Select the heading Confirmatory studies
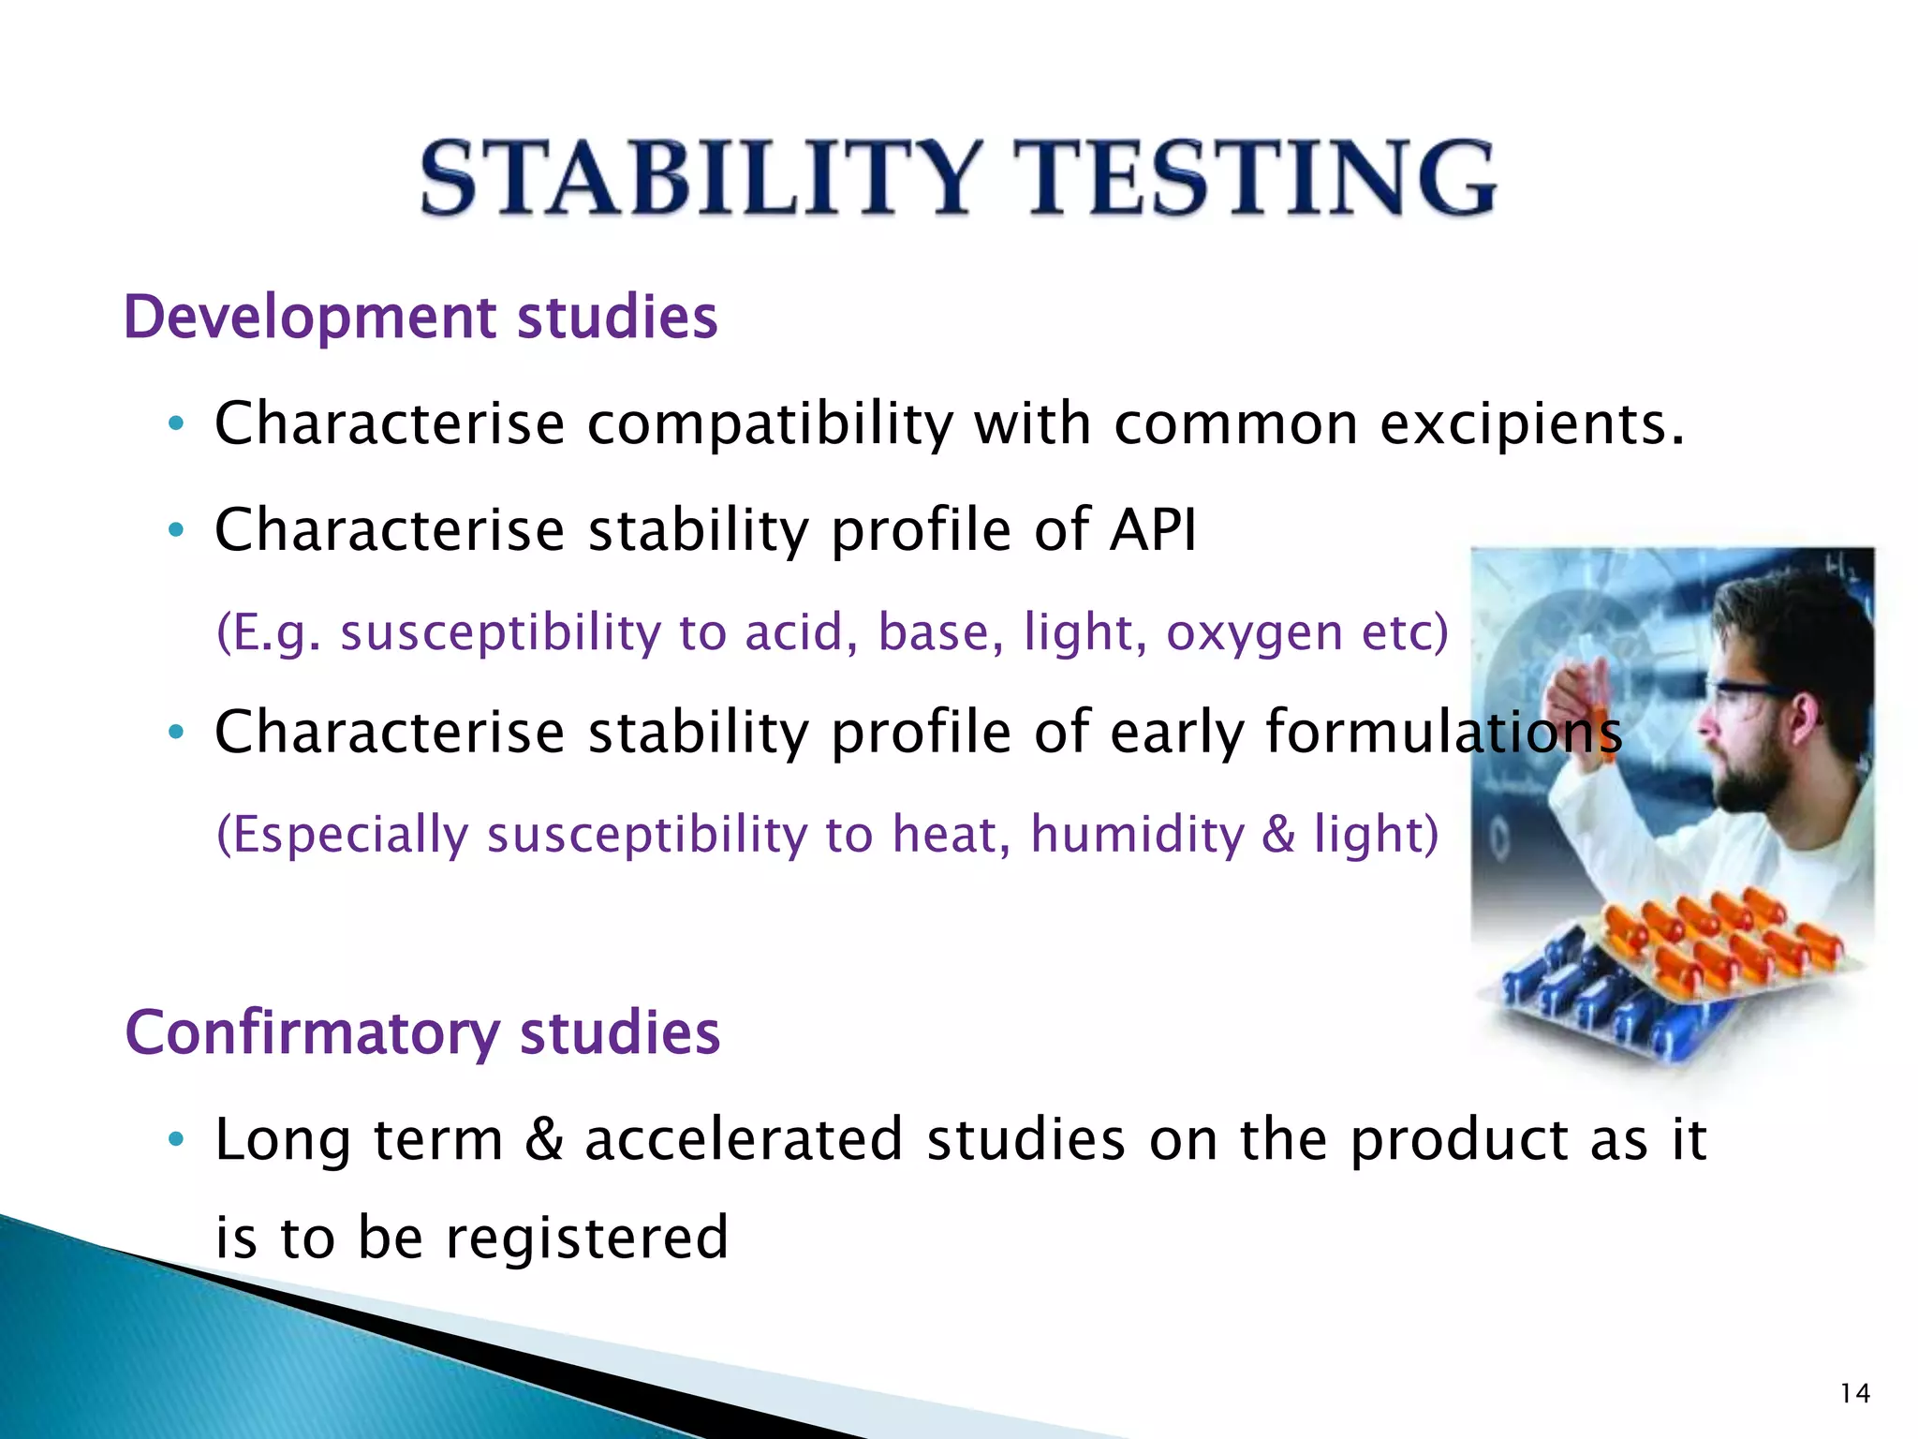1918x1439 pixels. click(422, 1032)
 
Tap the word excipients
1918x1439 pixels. click(1532, 423)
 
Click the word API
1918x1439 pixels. click(1153, 530)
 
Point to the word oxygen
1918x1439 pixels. click(1254, 633)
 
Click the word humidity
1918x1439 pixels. click(1137, 834)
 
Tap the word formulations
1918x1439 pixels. click(1443, 732)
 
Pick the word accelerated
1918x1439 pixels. click(744, 1140)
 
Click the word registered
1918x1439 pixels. click(586, 1239)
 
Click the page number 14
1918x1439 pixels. click(1854, 1394)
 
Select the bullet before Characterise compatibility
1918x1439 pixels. click(175, 424)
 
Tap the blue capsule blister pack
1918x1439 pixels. click(1592, 1007)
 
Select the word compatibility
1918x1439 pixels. click(769, 423)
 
